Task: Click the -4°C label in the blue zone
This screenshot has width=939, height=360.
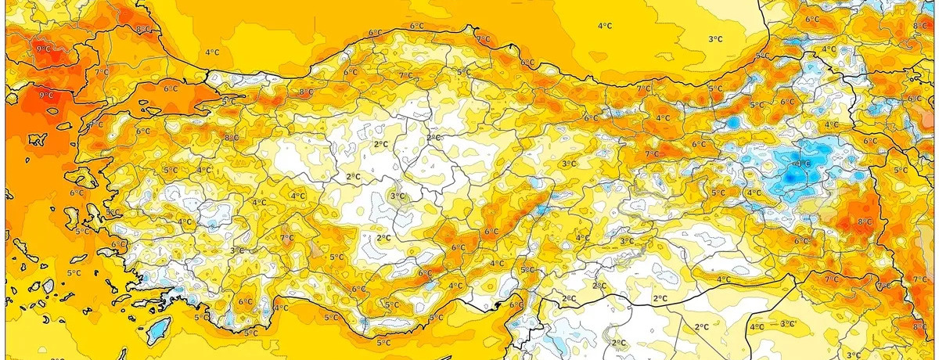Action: coord(801,164)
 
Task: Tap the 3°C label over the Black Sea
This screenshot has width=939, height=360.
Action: coord(714,39)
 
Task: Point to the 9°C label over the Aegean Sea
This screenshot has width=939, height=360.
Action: coord(45,95)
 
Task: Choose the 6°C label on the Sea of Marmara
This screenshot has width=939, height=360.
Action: coord(170,89)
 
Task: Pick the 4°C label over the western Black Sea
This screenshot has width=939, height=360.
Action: coord(211,52)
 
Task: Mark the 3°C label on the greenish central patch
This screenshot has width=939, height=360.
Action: coord(397,196)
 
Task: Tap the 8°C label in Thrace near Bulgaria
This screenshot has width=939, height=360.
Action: coord(143,30)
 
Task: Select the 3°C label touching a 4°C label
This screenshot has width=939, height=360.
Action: coord(786,323)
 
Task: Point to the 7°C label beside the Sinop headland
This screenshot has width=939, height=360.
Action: coord(483,38)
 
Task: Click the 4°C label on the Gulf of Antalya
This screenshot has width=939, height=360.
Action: coord(280,308)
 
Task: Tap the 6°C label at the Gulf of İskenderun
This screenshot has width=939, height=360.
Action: coord(516,305)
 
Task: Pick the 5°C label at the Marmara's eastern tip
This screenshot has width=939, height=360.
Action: coord(228,102)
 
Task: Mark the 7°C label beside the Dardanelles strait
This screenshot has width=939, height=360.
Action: coord(101,72)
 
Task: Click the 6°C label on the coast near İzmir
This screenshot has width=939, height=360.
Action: coord(118,245)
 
